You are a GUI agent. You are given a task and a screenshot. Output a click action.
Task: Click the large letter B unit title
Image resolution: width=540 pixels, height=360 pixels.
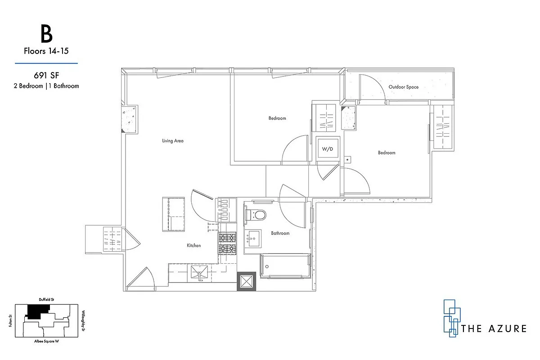[x=46, y=34]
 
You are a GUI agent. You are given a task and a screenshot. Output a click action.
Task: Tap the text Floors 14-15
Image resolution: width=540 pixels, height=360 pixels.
[x=46, y=51]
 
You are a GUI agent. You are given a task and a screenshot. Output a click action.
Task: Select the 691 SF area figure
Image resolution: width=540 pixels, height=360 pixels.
[x=46, y=76]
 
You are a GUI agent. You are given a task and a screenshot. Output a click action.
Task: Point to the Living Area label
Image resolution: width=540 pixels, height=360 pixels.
[x=173, y=141]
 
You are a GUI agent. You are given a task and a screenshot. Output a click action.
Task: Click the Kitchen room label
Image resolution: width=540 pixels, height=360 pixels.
[x=193, y=245]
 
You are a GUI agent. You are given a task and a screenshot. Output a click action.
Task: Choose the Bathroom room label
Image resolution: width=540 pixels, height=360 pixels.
[x=280, y=233]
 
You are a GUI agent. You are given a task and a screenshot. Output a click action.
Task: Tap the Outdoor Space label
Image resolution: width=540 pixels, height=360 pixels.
[x=403, y=87]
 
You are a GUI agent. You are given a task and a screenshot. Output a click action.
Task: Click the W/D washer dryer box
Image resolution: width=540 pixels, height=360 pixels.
[x=327, y=148]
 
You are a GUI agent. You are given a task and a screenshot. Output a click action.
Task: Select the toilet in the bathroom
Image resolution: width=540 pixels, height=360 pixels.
[x=256, y=215]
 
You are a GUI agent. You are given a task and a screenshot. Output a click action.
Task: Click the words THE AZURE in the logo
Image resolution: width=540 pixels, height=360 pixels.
[x=494, y=328]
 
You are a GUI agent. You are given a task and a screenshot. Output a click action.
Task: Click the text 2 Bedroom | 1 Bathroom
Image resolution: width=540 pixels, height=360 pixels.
[x=46, y=85]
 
